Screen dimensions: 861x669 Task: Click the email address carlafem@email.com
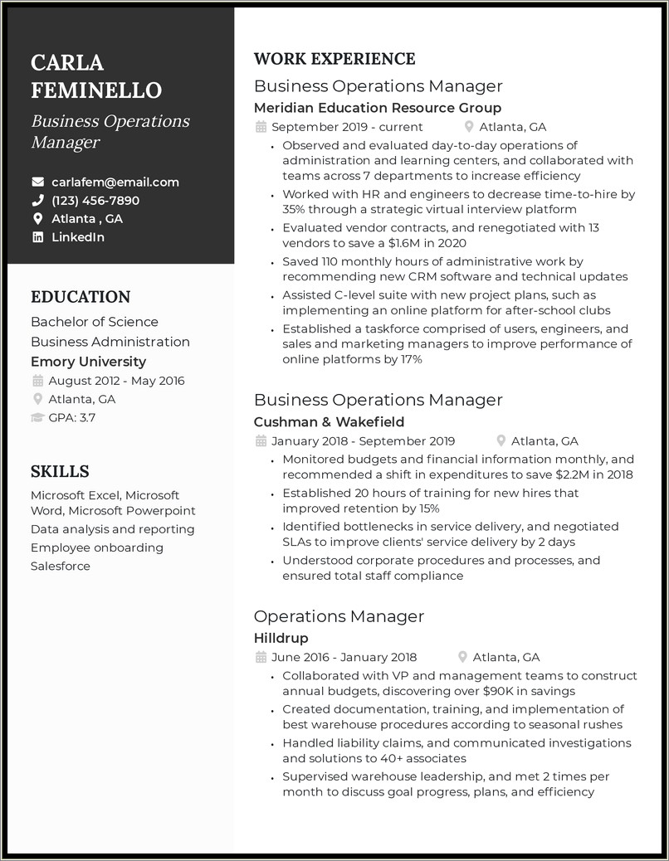115,182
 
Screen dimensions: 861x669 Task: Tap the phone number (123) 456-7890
95,201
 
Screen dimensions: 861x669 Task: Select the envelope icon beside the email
37,182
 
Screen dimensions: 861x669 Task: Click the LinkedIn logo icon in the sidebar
37,237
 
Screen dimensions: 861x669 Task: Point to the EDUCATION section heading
81,297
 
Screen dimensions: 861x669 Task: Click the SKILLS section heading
60,472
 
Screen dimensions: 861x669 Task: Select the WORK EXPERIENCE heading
334,59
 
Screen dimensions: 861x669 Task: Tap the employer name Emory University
88,362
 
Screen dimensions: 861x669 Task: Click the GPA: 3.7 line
71,417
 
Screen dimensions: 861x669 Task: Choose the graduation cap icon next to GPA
37,417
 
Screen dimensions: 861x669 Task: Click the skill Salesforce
61,567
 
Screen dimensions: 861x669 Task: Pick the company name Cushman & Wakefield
329,422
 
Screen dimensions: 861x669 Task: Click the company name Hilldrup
281,638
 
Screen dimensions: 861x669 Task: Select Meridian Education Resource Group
378,108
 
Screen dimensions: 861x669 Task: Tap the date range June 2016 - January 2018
344,657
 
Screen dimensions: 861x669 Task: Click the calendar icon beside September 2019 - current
261,127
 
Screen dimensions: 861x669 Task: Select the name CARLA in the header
67,62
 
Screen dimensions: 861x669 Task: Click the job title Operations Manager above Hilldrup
339,616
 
